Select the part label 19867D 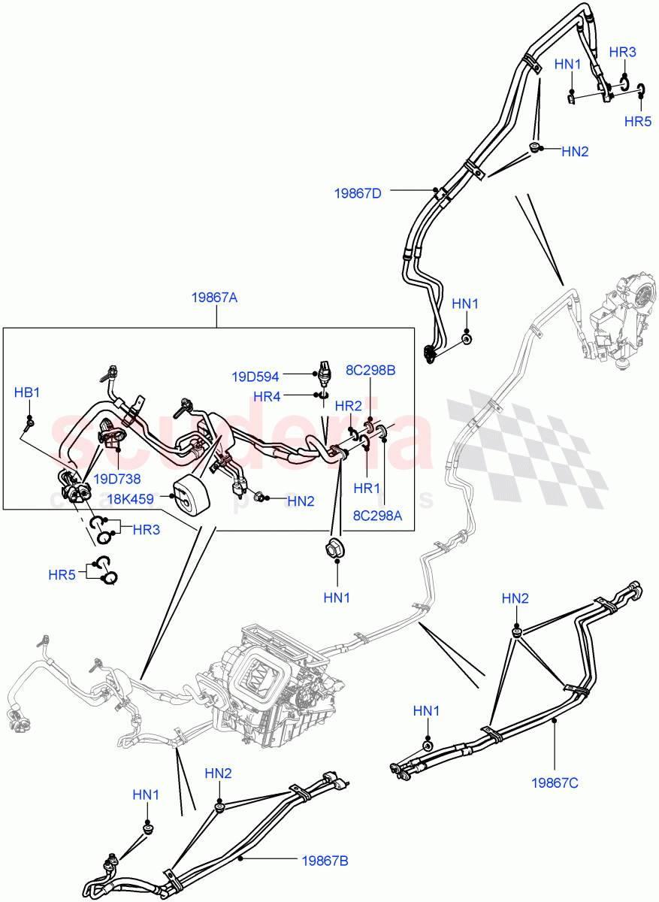[x=358, y=193]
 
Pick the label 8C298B [x=370, y=370]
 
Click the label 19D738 [x=116, y=478]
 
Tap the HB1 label [x=27, y=392]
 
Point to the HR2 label [x=348, y=405]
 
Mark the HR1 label [x=367, y=488]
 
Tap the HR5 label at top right [x=638, y=121]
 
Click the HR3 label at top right [x=622, y=52]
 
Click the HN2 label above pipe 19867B [x=219, y=773]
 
